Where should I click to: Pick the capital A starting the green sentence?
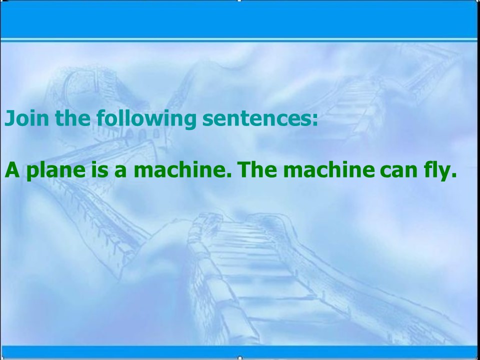[x=11, y=171]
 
